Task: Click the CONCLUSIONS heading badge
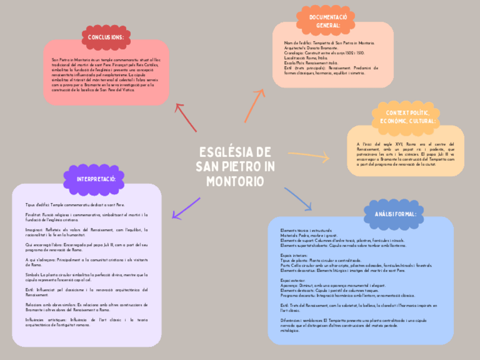(x=106, y=37)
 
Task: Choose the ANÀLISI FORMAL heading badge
(x=396, y=214)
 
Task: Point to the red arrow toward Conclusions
(x=186, y=117)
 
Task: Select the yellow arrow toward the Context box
(x=308, y=155)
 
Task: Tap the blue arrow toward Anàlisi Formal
(x=298, y=199)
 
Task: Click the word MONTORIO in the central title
(x=235, y=182)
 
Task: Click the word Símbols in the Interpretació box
(x=32, y=275)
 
